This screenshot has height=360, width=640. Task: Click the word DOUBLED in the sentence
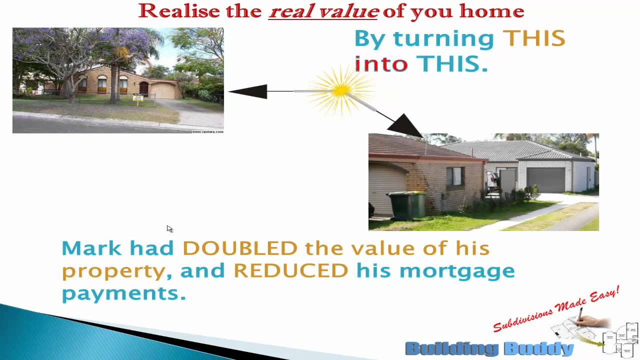tap(240, 248)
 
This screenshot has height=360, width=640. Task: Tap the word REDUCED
tap(290, 271)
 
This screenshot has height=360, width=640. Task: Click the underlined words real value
tap(323, 11)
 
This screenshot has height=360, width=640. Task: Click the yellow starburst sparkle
tap(341, 90)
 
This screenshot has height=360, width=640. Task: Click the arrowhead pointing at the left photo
tap(247, 91)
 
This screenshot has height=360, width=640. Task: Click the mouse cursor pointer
tap(169, 228)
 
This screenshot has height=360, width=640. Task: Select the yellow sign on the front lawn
tap(138, 98)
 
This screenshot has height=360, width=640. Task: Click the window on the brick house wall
tap(454, 177)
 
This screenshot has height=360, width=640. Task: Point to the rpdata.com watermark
tap(207, 131)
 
